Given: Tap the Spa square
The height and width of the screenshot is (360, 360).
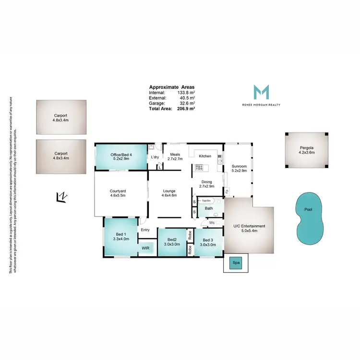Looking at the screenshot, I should click(236, 263).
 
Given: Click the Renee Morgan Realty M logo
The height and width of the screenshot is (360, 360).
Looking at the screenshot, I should click(261, 92).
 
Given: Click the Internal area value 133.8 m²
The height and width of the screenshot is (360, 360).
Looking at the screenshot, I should click(186, 92).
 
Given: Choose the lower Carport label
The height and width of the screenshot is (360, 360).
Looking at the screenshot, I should click(60, 156).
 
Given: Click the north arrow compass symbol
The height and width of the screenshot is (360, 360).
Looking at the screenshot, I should click(61, 196).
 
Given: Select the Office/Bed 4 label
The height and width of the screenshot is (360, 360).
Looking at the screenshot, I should click(120, 156).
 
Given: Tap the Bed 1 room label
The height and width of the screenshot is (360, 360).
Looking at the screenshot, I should click(121, 236).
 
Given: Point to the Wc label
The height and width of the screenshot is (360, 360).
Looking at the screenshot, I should click(211, 223).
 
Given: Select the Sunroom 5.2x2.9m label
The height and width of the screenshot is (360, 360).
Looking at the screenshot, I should click(239, 168).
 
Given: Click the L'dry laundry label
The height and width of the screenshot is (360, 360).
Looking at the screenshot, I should click(155, 157).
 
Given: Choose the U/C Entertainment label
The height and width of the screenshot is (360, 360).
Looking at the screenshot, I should click(249, 228).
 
